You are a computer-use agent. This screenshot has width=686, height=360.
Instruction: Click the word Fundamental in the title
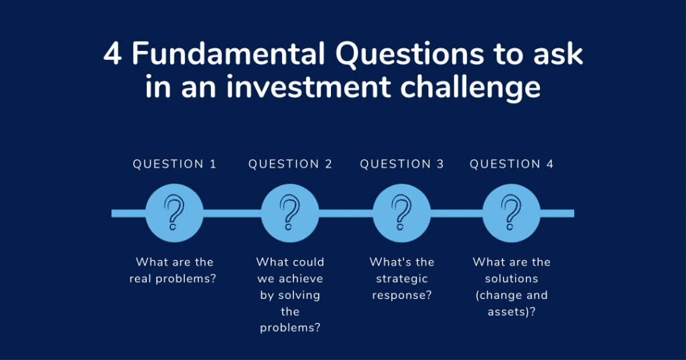228,54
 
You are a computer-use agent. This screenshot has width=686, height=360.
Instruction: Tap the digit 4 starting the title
113,54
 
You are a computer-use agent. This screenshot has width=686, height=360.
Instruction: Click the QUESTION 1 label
175,164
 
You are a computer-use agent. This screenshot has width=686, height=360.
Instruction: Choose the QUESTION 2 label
290,164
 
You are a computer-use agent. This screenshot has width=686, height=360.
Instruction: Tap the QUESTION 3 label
402,164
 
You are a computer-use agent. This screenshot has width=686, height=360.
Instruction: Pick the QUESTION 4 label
511,164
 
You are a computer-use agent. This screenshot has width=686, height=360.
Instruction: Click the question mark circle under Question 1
174,213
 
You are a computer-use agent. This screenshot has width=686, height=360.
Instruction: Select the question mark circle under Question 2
289,213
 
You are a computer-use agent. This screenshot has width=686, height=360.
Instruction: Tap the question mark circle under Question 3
402,213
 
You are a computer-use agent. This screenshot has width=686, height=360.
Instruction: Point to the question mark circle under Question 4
511,213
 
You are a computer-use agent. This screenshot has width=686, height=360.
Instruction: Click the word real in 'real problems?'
141,278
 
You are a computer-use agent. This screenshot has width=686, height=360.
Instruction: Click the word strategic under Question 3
402,279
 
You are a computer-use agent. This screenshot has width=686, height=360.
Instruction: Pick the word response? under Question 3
402,296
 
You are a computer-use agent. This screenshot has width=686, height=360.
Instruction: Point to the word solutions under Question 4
511,278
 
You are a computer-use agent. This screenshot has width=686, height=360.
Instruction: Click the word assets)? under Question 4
511,312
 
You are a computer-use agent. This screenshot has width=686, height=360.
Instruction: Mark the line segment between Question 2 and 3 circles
346,213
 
